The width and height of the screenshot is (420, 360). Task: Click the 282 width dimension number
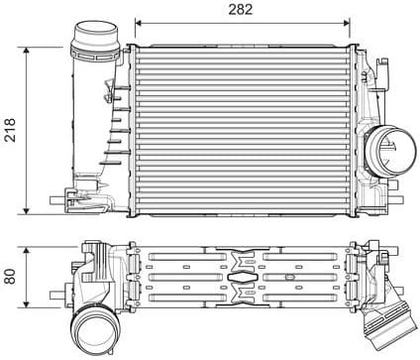coord(240,9)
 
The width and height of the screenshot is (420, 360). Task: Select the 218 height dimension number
coord(11,129)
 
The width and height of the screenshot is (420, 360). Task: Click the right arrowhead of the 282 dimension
coord(350,22)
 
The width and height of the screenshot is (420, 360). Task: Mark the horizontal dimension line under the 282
coord(198,22)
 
